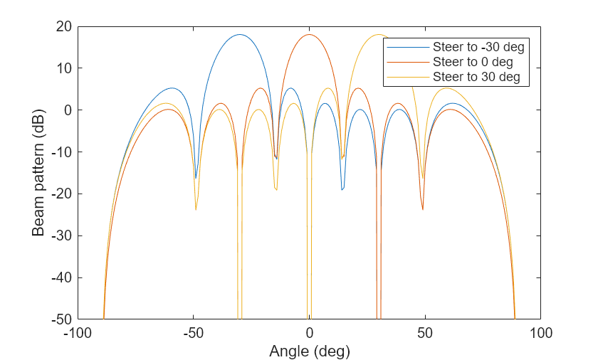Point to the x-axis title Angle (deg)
[x=309, y=351]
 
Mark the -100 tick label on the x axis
[x=78, y=332]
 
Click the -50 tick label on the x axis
[x=194, y=332]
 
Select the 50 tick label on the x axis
[x=425, y=332]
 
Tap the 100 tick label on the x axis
[x=540, y=332]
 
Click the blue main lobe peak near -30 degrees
[x=240, y=34]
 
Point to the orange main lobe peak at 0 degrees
[x=309, y=34]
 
